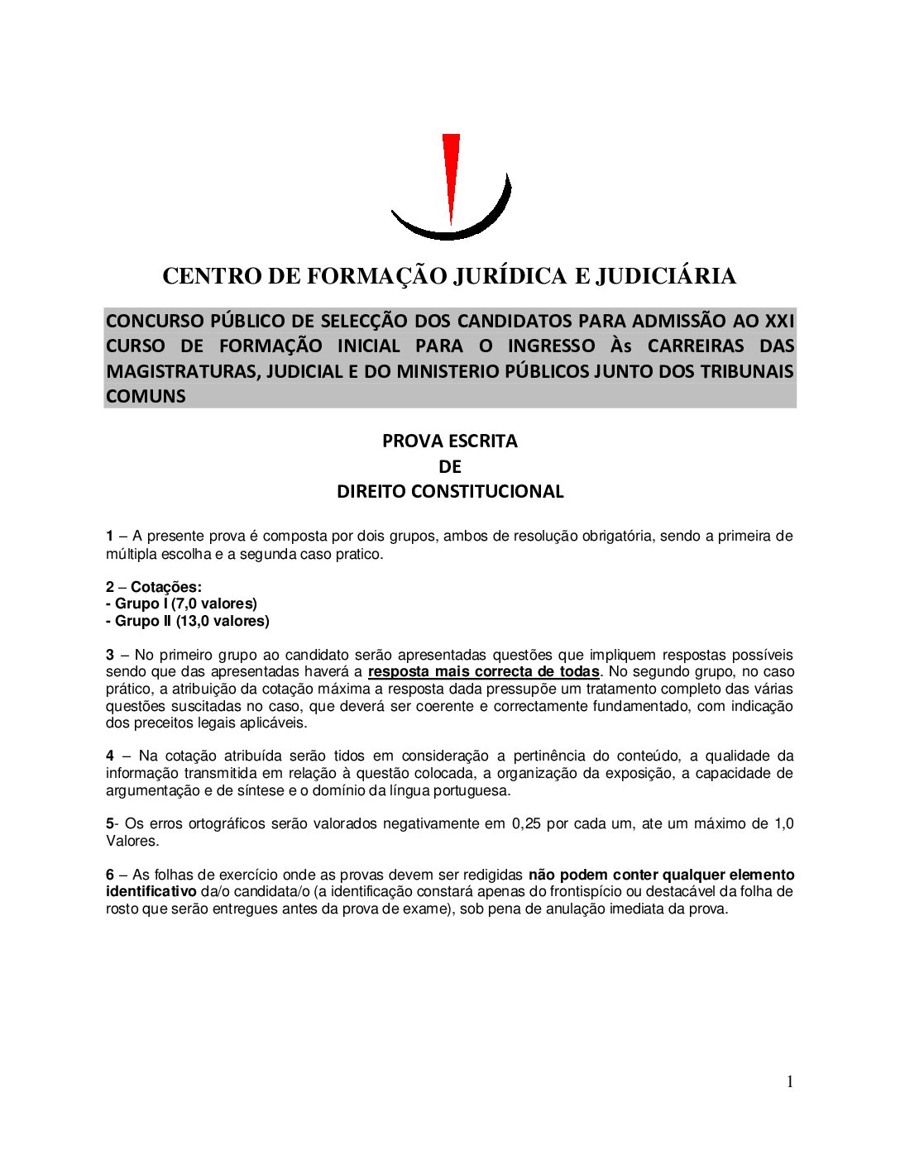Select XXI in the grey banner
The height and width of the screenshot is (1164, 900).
[779, 321]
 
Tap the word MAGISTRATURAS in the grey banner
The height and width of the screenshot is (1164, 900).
[180, 371]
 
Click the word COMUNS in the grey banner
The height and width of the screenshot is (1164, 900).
[146, 396]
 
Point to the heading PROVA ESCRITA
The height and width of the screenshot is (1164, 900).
[449, 441]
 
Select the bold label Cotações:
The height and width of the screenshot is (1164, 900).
[165, 587]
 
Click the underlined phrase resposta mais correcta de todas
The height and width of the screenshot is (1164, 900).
[483, 672]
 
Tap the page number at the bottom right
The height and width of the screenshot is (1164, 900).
[790, 1082]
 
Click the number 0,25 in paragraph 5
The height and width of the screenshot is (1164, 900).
[526, 824]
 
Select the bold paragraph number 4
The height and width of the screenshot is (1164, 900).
[110, 756]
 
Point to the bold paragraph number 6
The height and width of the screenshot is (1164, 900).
[110, 875]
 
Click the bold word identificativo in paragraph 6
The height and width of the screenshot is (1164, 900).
[151, 892]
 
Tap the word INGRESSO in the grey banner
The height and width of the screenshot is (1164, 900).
[551, 346]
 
